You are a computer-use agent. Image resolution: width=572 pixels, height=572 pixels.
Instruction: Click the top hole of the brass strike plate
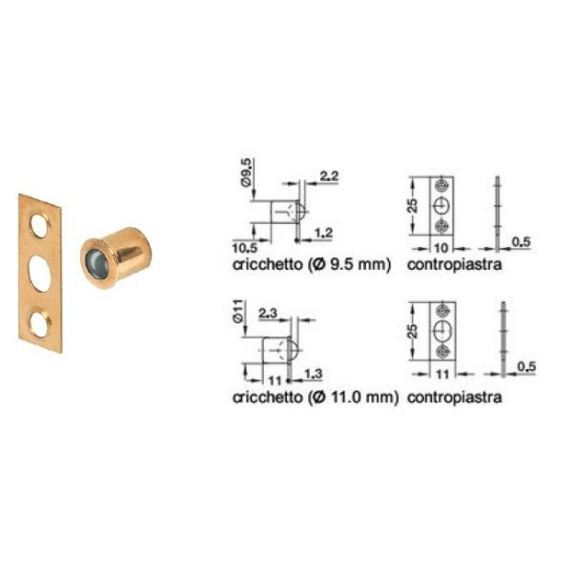(x=40, y=226)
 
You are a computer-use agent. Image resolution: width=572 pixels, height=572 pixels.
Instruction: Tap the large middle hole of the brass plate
(x=40, y=274)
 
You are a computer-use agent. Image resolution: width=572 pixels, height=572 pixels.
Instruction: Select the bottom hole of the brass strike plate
(x=40, y=323)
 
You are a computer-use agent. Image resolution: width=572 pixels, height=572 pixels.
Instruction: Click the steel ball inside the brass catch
(x=96, y=258)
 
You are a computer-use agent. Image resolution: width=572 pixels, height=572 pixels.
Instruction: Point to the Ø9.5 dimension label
(x=246, y=173)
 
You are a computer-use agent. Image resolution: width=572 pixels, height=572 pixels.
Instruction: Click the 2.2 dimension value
(x=330, y=176)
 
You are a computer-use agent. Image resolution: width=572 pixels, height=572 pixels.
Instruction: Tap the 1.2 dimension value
(x=323, y=233)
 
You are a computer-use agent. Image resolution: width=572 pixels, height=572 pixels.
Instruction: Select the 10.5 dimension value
(x=245, y=248)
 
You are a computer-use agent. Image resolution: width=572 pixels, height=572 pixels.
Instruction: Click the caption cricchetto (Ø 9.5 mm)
(x=312, y=264)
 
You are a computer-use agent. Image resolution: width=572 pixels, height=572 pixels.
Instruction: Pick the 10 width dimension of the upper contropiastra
(x=441, y=248)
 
